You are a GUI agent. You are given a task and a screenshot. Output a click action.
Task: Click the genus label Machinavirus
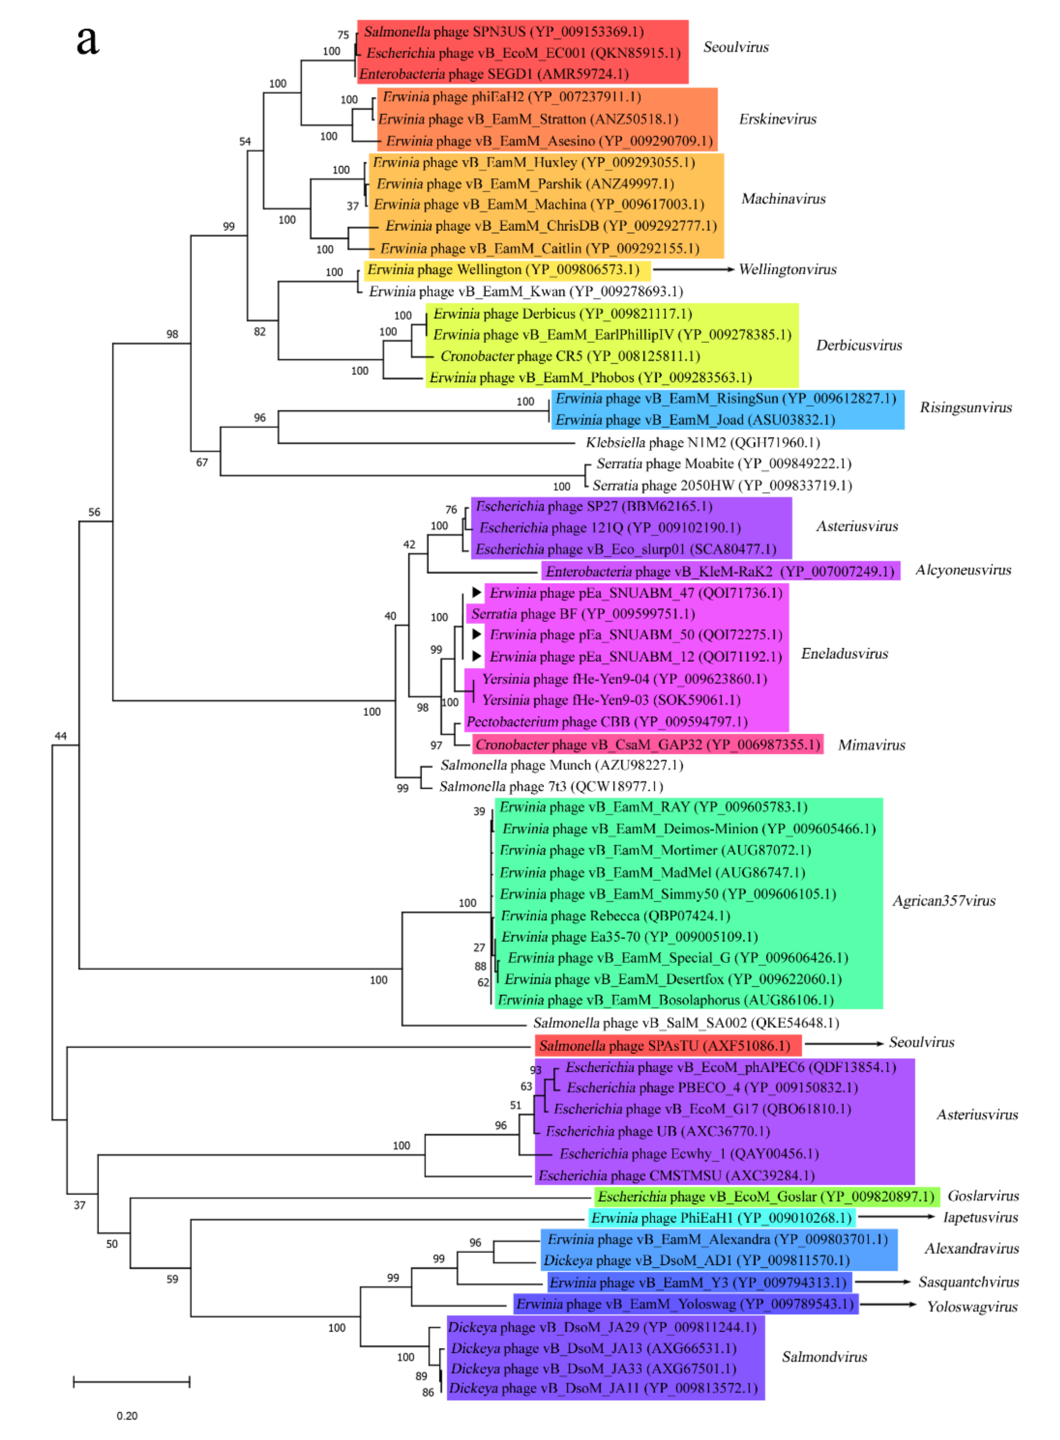point(783,198)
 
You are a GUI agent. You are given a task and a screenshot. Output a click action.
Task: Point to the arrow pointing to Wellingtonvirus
point(693,270)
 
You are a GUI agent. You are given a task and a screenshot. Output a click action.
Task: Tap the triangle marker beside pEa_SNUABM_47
point(476,592)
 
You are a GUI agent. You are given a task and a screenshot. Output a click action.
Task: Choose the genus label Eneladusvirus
point(844,653)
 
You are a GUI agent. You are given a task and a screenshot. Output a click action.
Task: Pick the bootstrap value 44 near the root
point(60,735)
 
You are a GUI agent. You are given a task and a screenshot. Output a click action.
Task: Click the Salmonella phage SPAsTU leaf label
point(664,1045)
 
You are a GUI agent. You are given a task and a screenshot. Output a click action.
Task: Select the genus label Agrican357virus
point(943,900)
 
